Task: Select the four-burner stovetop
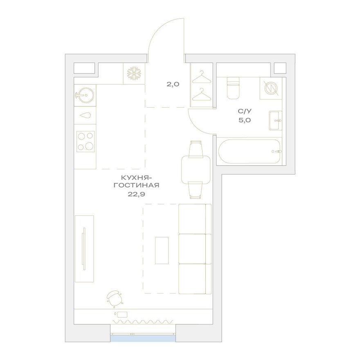(86, 141)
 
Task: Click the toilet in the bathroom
(233, 88)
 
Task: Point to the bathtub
(250, 151)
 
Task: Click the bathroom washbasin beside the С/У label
(275, 121)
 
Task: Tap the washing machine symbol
(271, 88)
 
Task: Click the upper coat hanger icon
(201, 77)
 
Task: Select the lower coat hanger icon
(201, 94)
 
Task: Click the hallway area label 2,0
(173, 84)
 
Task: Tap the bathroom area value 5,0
(245, 120)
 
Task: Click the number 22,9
(136, 194)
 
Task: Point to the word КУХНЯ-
(136, 178)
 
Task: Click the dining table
(196, 170)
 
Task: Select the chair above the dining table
(196, 149)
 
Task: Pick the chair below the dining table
(196, 190)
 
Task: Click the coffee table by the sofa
(162, 250)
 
